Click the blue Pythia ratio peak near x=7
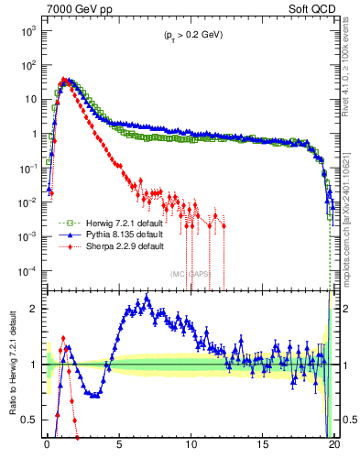tap(147, 298)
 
